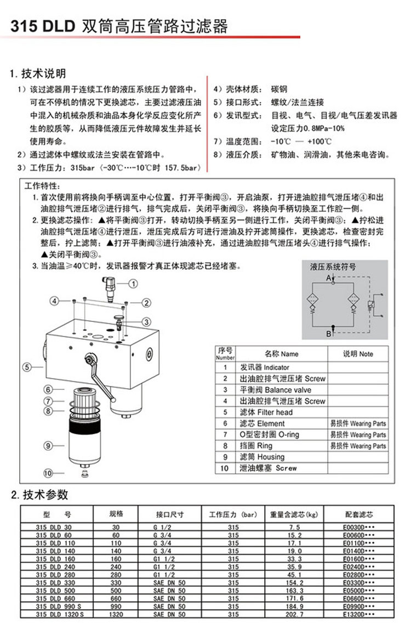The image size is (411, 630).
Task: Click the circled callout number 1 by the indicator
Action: (133, 283)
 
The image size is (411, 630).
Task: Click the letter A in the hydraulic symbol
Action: (329, 279)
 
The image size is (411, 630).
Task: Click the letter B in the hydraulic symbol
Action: (328, 333)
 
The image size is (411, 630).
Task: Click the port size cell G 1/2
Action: (162, 527)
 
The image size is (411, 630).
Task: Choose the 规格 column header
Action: (116, 514)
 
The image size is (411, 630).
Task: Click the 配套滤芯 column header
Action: (359, 515)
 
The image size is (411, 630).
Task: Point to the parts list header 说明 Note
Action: (358, 354)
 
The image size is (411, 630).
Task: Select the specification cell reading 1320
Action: (116, 615)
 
